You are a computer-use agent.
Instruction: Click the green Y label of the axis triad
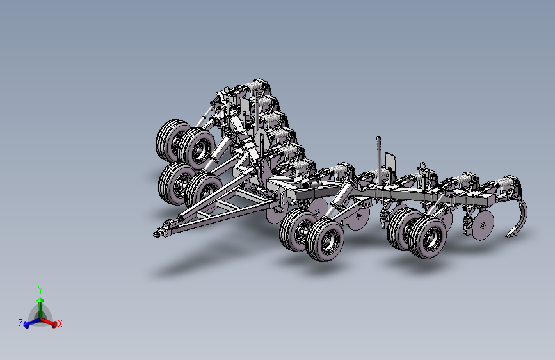click(40, 290)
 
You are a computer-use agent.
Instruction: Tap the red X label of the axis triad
click(60, 323)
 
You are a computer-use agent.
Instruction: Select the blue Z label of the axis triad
click(20, 323)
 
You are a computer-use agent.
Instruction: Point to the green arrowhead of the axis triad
click(40, 300)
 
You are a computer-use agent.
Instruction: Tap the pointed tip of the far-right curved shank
click(507, 236)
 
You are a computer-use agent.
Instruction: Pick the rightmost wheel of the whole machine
click(428, 237)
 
